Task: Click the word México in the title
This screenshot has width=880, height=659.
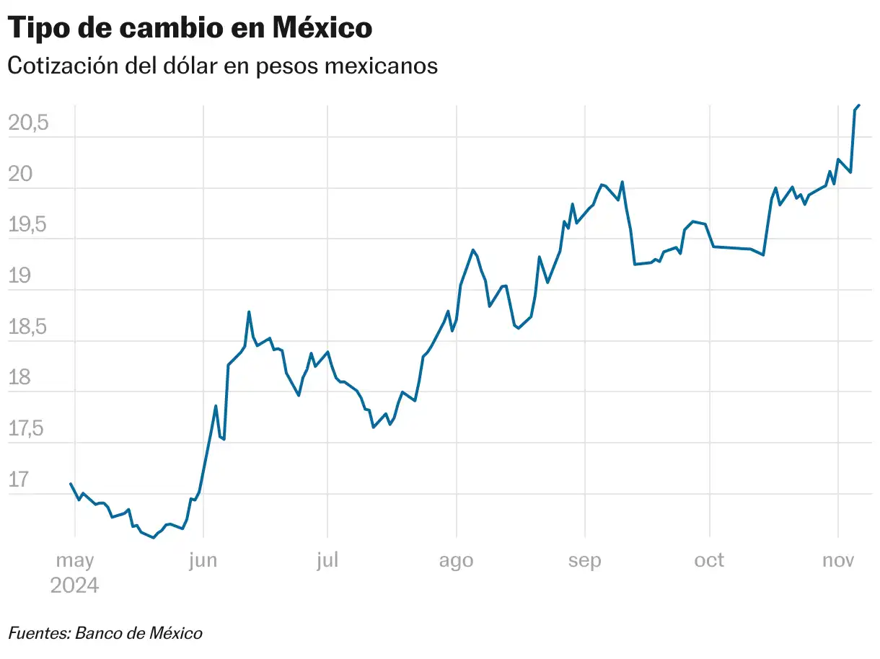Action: click(322, 28)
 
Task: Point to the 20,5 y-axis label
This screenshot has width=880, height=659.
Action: click(28, 123)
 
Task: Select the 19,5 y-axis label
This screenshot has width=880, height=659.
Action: click(28, 226)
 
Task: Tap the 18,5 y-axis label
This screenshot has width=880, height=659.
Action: click(28, 327)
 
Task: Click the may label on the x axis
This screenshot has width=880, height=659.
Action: click(74, 561)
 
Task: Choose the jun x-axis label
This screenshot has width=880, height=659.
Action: click(203, 561)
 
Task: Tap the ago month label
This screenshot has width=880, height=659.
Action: click(456, 561)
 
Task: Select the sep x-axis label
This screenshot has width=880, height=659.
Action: click(584, 561)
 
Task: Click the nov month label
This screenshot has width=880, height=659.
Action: click(839, 561)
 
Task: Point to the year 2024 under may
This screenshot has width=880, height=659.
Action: click(74, 585)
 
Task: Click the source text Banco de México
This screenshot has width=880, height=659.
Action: click(138, 634)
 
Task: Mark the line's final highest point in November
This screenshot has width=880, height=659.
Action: click(858, 105)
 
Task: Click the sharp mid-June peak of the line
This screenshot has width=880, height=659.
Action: click(249, 312)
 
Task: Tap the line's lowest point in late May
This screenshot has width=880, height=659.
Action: click(154, 537)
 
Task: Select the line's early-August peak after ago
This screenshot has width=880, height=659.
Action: click(472, 250)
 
